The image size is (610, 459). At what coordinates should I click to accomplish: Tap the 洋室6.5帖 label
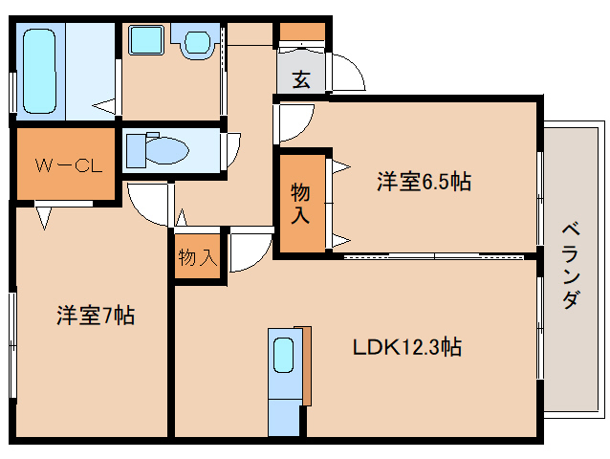(423, 182)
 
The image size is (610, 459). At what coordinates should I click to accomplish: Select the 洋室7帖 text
(95, 315)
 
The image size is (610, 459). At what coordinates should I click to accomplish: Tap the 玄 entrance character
(301, 80)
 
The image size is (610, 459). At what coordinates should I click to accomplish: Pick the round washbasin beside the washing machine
(198, 41)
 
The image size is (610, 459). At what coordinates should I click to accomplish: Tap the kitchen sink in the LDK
(283, 357)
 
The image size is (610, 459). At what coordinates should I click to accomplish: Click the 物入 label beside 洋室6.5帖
(300, 202)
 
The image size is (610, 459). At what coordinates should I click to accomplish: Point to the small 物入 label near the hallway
(198, 257)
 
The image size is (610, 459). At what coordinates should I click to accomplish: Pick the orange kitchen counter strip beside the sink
(306, 367)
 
